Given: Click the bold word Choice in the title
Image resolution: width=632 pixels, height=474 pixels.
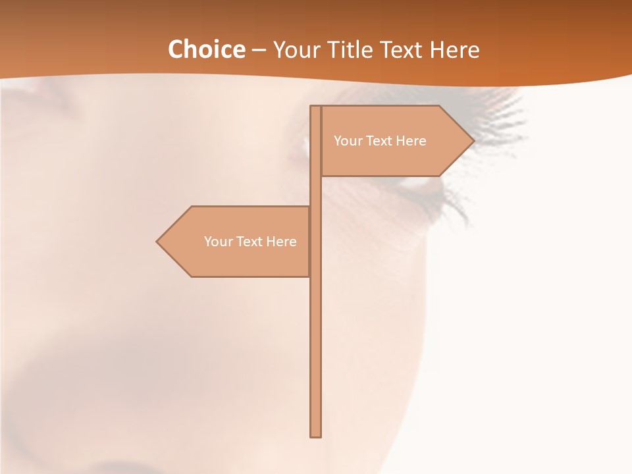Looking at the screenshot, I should click(206, 49).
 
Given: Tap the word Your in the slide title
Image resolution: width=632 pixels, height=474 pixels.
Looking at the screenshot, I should click(295, 49).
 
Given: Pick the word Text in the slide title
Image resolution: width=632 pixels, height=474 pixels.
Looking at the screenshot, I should click(405, 49).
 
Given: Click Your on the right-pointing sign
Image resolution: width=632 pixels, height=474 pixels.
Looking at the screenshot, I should click(348, 141).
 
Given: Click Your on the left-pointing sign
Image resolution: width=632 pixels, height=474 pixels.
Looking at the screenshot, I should click(218, 242).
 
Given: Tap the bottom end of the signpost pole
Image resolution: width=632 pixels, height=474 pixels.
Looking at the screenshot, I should click(316, 434).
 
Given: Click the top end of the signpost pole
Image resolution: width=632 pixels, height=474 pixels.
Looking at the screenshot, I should click(316, 108).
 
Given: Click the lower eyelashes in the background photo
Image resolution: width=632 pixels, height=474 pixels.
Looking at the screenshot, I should click(454, 204).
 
